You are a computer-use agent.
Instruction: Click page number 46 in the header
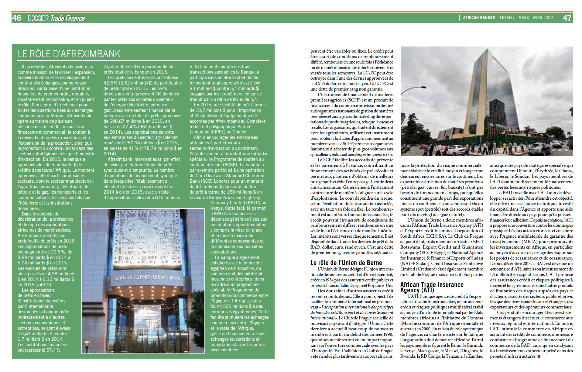point(17,18)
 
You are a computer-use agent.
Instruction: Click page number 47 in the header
point(567,18)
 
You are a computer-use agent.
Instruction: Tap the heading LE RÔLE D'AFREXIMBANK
point(69,54)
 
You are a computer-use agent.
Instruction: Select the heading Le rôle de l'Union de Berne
point(346,263)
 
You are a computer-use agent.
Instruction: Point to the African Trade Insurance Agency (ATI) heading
point(432,287)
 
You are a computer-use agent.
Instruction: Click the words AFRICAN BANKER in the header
point(479,18)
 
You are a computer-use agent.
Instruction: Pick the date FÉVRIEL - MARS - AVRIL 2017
point(526,18)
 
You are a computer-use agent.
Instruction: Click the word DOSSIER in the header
point(38,18)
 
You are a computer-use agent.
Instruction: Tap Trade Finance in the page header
point(68,18)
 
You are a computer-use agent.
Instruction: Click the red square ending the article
point(539,356)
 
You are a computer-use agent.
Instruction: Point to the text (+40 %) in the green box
point(44,285)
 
